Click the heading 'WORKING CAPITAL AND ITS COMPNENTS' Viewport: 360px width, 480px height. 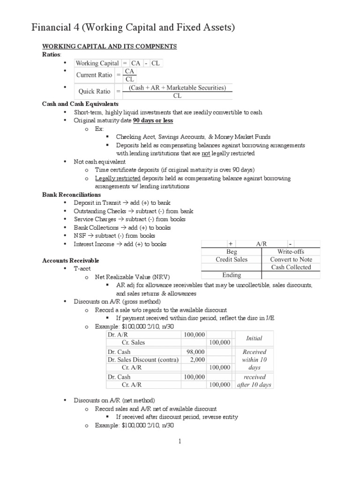pos(109,46)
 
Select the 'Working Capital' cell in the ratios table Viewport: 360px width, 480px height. pos(97,63)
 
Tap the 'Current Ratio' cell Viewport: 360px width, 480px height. pos(95,75)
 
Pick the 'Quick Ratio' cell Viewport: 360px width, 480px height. pos(94,91)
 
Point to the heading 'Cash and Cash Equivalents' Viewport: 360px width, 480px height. pos(80,104)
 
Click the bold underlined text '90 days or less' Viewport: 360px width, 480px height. pos(153,120)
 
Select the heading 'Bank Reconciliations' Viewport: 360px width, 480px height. pos(71,195)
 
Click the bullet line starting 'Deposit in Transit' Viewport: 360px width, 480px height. pos(122,202)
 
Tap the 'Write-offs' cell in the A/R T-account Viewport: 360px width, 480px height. pos(291,252)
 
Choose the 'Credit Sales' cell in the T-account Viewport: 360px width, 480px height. pos(232,259)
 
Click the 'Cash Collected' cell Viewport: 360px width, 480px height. pos(291,267)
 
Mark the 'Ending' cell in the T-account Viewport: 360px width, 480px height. pos(232,275)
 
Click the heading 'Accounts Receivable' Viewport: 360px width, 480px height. pos(70,260)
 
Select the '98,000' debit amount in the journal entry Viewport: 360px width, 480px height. pos(195,352)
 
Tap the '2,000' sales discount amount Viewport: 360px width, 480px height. pos(197,360)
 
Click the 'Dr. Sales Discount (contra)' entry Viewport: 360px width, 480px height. pos(143,360)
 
